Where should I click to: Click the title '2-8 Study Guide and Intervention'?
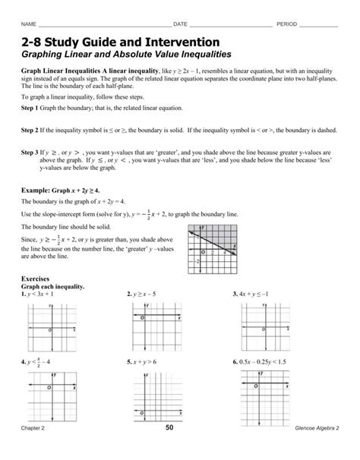tap(121, 41)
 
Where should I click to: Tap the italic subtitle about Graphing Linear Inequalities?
tap(125, 55)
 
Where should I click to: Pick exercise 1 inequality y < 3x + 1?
tap(39, 294)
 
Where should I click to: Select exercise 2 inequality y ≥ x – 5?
tap(144, 294)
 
